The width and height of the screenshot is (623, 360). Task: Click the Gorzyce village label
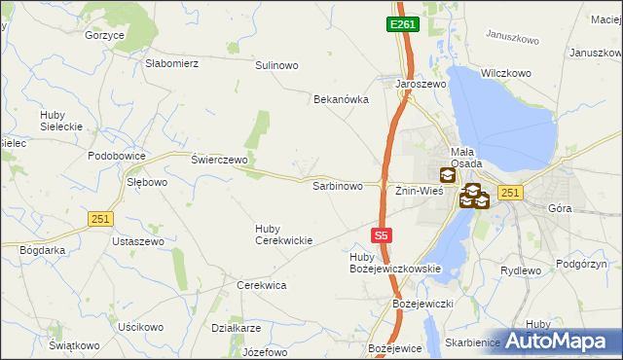(104, 35)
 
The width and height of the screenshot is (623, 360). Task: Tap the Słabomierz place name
(171, 63)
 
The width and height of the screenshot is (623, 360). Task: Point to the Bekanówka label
(340, 99)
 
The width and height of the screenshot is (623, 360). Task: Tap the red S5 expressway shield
(383, 234)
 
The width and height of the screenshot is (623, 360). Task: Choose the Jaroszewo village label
(420, 85)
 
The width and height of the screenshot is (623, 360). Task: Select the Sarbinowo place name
(337, 185)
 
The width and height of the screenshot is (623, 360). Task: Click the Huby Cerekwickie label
(283, 234)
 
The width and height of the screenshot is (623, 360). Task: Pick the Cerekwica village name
(261, 285)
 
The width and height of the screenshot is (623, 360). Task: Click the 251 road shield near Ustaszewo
(99, 219)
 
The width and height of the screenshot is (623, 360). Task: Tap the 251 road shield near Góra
(510, 193)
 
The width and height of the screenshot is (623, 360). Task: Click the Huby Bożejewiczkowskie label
(395, 263)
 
